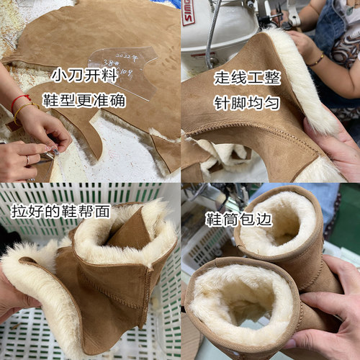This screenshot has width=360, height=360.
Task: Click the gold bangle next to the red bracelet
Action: [24, 110]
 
